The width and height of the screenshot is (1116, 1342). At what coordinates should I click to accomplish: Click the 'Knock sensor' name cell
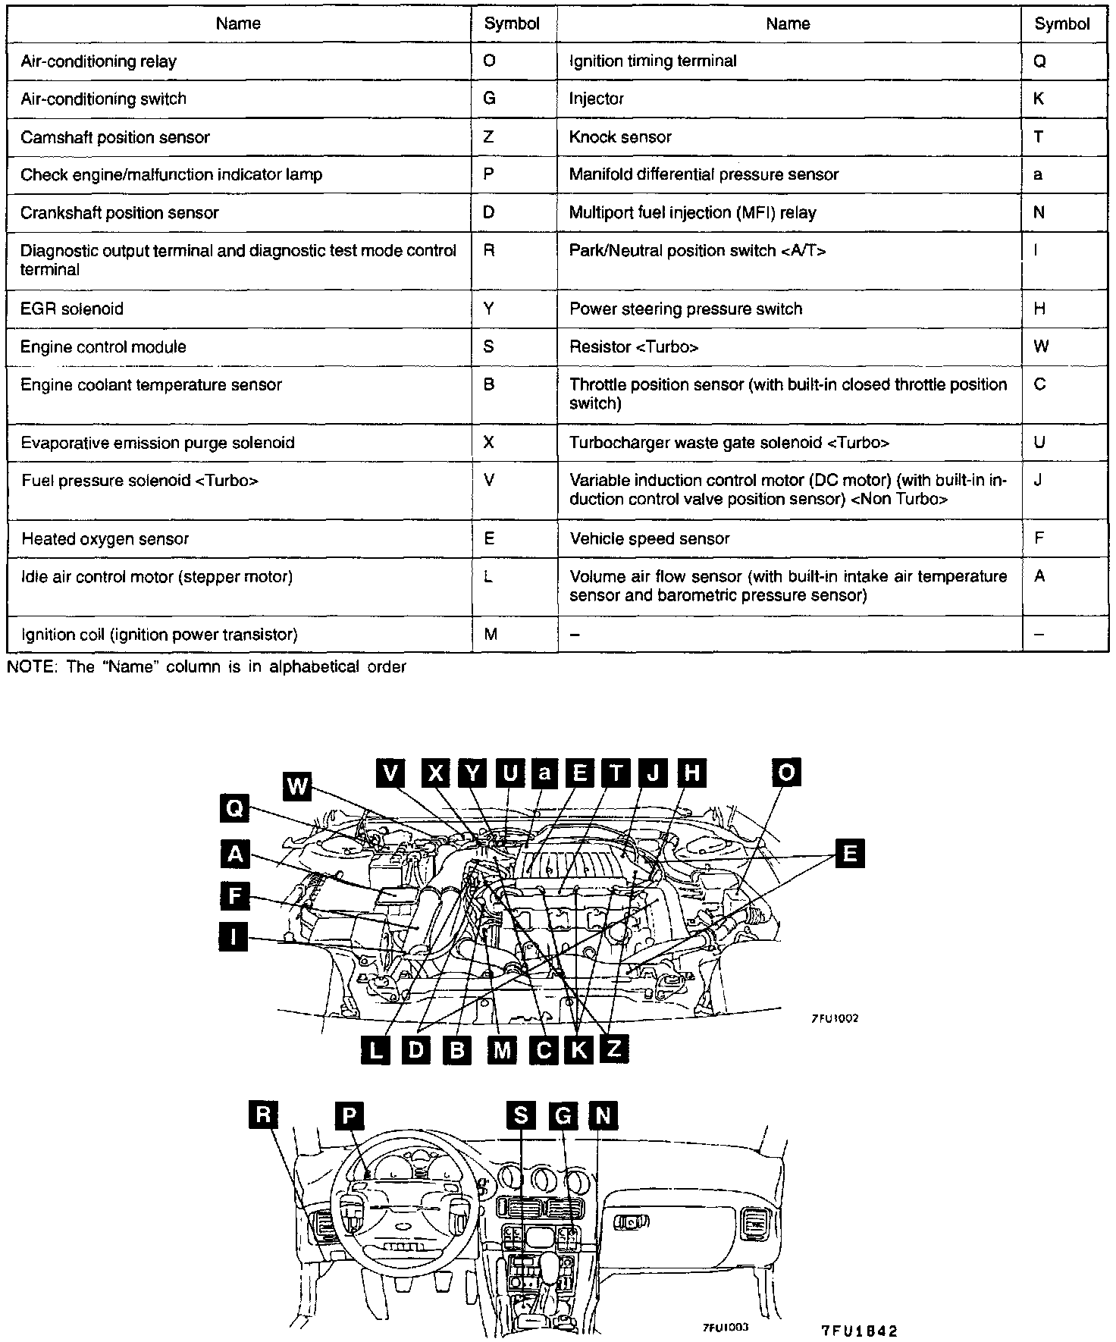tap(620, 137)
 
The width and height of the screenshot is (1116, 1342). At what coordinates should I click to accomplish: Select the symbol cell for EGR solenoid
tap(488, 309)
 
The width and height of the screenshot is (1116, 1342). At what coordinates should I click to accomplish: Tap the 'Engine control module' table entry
tap(103, 347)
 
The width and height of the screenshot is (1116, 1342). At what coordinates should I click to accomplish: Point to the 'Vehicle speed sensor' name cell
tap(649, 539)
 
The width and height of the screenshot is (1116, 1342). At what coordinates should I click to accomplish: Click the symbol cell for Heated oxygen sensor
tap(488, 539)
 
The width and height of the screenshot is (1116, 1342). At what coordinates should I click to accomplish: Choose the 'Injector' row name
tap(597, 99)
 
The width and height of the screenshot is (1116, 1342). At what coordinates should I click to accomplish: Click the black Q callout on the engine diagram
tap(234, 809)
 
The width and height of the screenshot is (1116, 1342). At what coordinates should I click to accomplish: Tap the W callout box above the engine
tap(297, 786)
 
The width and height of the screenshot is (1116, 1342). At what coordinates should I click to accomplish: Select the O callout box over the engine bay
tap(786, 773)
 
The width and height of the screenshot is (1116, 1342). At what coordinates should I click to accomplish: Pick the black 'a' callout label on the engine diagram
tap(544, 773)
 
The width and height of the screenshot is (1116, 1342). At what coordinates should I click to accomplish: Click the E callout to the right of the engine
tap(849, 854)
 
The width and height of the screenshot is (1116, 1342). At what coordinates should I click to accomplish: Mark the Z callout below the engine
tap(613, 1049)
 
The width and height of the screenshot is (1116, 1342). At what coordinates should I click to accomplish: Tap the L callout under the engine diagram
tap(377, 1050)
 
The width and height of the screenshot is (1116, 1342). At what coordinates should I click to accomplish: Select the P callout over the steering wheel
tap(350, 1115)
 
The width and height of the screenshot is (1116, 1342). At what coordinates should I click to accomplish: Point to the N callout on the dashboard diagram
tap(603, 1115)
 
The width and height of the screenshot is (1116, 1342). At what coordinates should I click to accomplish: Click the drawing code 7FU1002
tap(834, 1019)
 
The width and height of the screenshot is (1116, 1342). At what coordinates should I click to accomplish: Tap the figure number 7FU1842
tap(859, 1331)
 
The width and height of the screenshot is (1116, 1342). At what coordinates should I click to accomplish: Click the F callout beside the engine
tap(234, 896)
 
